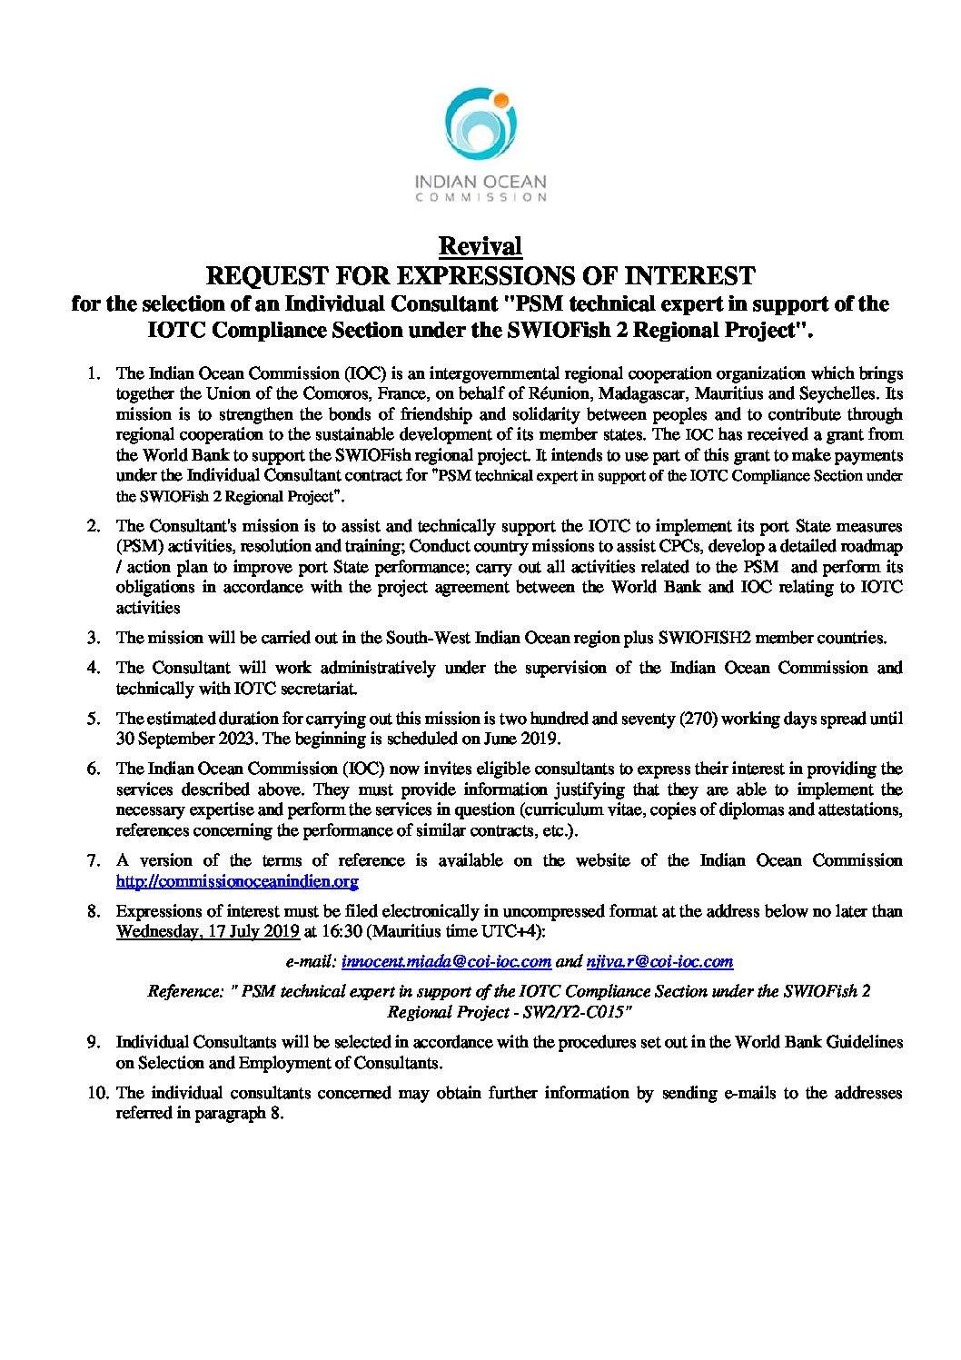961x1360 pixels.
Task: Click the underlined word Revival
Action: tap(480, 246)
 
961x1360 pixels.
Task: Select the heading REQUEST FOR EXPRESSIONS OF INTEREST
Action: tap(480, 275)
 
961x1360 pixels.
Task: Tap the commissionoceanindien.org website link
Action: tap(237, 880)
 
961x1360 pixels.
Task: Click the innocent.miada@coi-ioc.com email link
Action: tap(446, 961)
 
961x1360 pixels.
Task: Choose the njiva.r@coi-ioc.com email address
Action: tap(659, 961)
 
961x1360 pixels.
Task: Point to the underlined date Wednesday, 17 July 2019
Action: tap(208, 931)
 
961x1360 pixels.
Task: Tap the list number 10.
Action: tap(97, 1093)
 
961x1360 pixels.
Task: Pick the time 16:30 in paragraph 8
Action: tap(342, 931)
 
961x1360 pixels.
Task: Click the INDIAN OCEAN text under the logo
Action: tap(480, 182)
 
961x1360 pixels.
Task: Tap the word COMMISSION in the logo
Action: tap(480, 197)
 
